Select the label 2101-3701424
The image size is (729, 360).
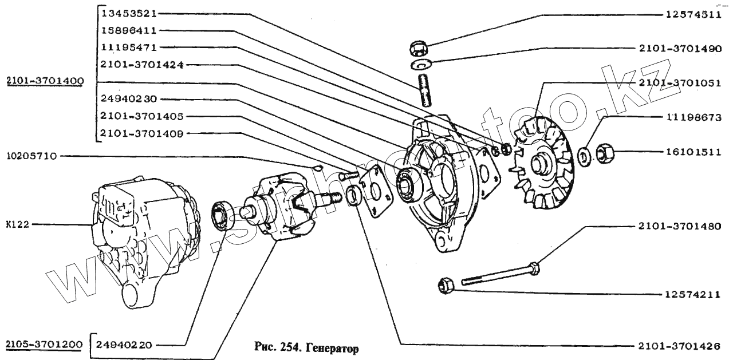(x=141, y=65)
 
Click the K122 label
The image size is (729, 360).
(x=17, y=225)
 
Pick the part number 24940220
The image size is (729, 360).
(x=124, y=345)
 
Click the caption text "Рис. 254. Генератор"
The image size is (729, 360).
(x=305, y=347)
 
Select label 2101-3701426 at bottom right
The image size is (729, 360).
(x=678, y=346)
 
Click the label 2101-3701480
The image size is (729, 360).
(x=678, y=226)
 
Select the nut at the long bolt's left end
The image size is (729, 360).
(x=445, y=285)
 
